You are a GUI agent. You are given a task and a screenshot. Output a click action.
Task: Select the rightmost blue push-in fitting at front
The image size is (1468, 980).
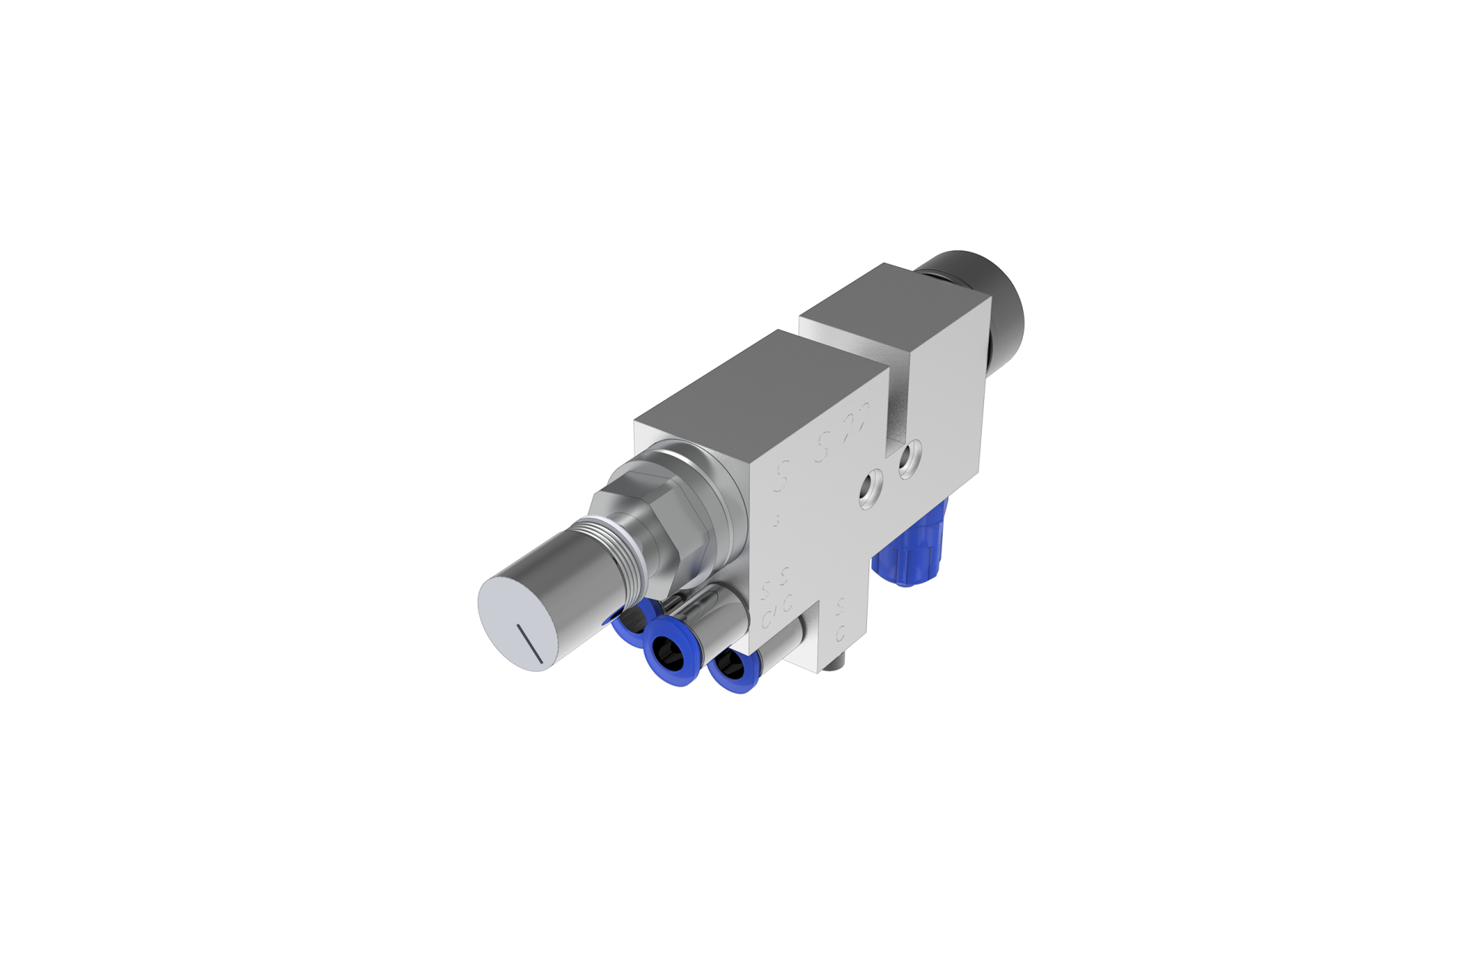point(724,668)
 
